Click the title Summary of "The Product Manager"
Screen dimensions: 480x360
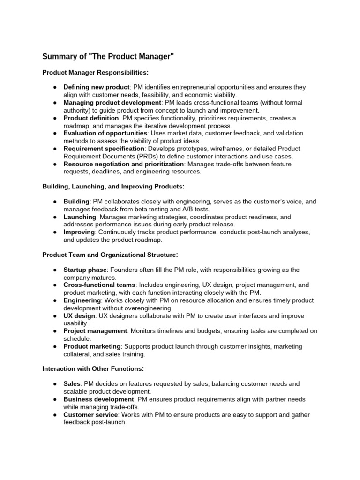point(108,57)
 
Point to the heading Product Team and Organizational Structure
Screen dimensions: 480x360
point(110,255)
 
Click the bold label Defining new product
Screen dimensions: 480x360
point(96,87)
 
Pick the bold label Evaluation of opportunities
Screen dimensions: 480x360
point(105,134)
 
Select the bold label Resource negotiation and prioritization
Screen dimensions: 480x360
point(124,165)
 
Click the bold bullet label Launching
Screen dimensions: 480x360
point(80,217)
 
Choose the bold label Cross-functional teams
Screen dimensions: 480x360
point(99,285)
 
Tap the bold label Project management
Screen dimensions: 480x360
point(95,331)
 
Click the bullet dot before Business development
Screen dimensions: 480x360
point(55,399)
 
